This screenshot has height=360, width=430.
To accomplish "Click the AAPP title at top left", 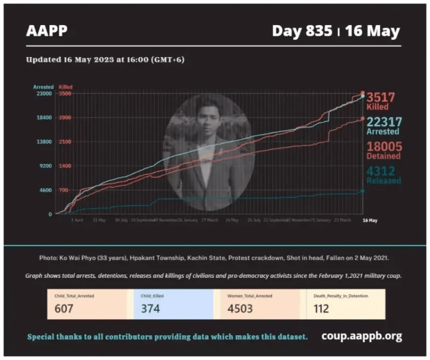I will click(x=45, y=31).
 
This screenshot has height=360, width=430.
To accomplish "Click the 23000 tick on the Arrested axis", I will click(x=44, y=94).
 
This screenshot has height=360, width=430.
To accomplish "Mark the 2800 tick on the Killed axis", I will click(x=65, y=118).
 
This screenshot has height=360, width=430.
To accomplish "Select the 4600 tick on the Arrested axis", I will click(x=45, y=190).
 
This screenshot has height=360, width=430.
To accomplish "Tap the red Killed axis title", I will click(x=66, y=87).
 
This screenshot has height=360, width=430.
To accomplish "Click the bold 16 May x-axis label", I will click(x=370, y=221).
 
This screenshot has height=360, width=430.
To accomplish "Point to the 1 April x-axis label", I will click(x=77, y=221).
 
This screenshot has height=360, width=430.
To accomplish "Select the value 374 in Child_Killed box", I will click(x=149, y=308).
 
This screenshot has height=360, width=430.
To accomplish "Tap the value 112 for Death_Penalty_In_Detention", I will click(x=321, y=308).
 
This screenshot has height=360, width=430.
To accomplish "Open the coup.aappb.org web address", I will click(x=362, y=336).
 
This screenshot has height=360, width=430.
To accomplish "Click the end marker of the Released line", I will click(x=362, y=191).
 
